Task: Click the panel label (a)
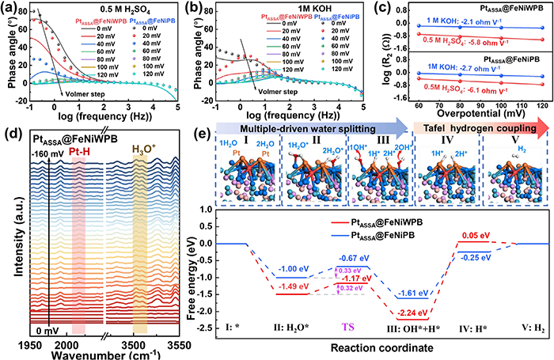(x=11, y=9)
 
